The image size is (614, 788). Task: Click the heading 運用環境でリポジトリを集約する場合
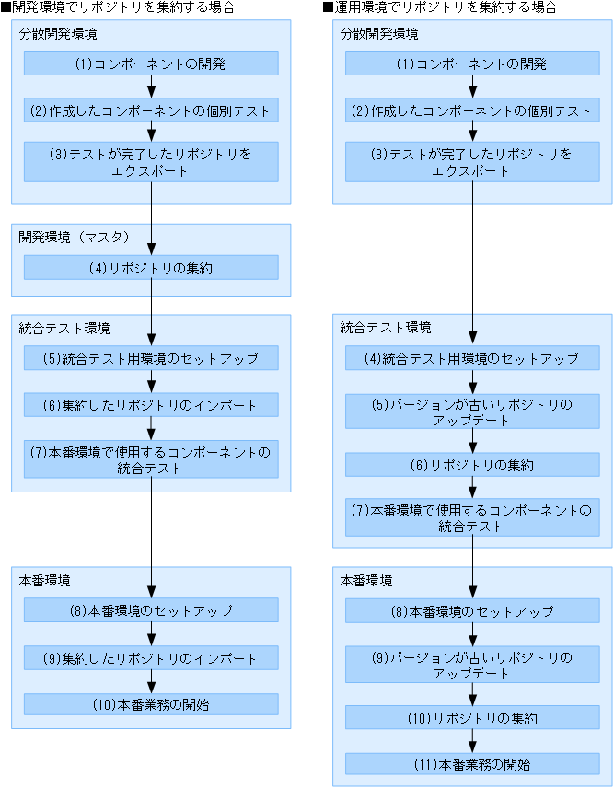pos(443,7)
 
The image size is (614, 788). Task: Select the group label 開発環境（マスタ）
pos(75,237)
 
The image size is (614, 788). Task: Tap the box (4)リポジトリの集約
pos(151,267)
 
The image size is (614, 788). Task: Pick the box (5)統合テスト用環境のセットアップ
pos(151,358)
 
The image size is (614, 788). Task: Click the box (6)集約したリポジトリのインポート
pos(151,405)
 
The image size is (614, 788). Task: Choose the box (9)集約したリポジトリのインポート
pos(151,658)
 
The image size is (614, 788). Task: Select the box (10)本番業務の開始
pos(151,704)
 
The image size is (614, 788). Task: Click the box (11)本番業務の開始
pos(472,763)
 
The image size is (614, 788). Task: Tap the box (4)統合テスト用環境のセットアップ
pos(472,358)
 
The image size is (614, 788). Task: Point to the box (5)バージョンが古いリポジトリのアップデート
pos(472,411)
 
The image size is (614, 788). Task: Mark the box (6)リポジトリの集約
pos(472,465)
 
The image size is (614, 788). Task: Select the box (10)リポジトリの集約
pos(472,717)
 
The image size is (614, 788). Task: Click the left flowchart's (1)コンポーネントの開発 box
pos(151,64)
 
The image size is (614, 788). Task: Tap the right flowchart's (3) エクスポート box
pos(472,162)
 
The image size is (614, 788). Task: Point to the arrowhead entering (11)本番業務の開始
pos(472,747)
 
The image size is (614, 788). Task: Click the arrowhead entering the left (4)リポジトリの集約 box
pos(151,249)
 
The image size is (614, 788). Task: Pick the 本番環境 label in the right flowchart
pos(366,581)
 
